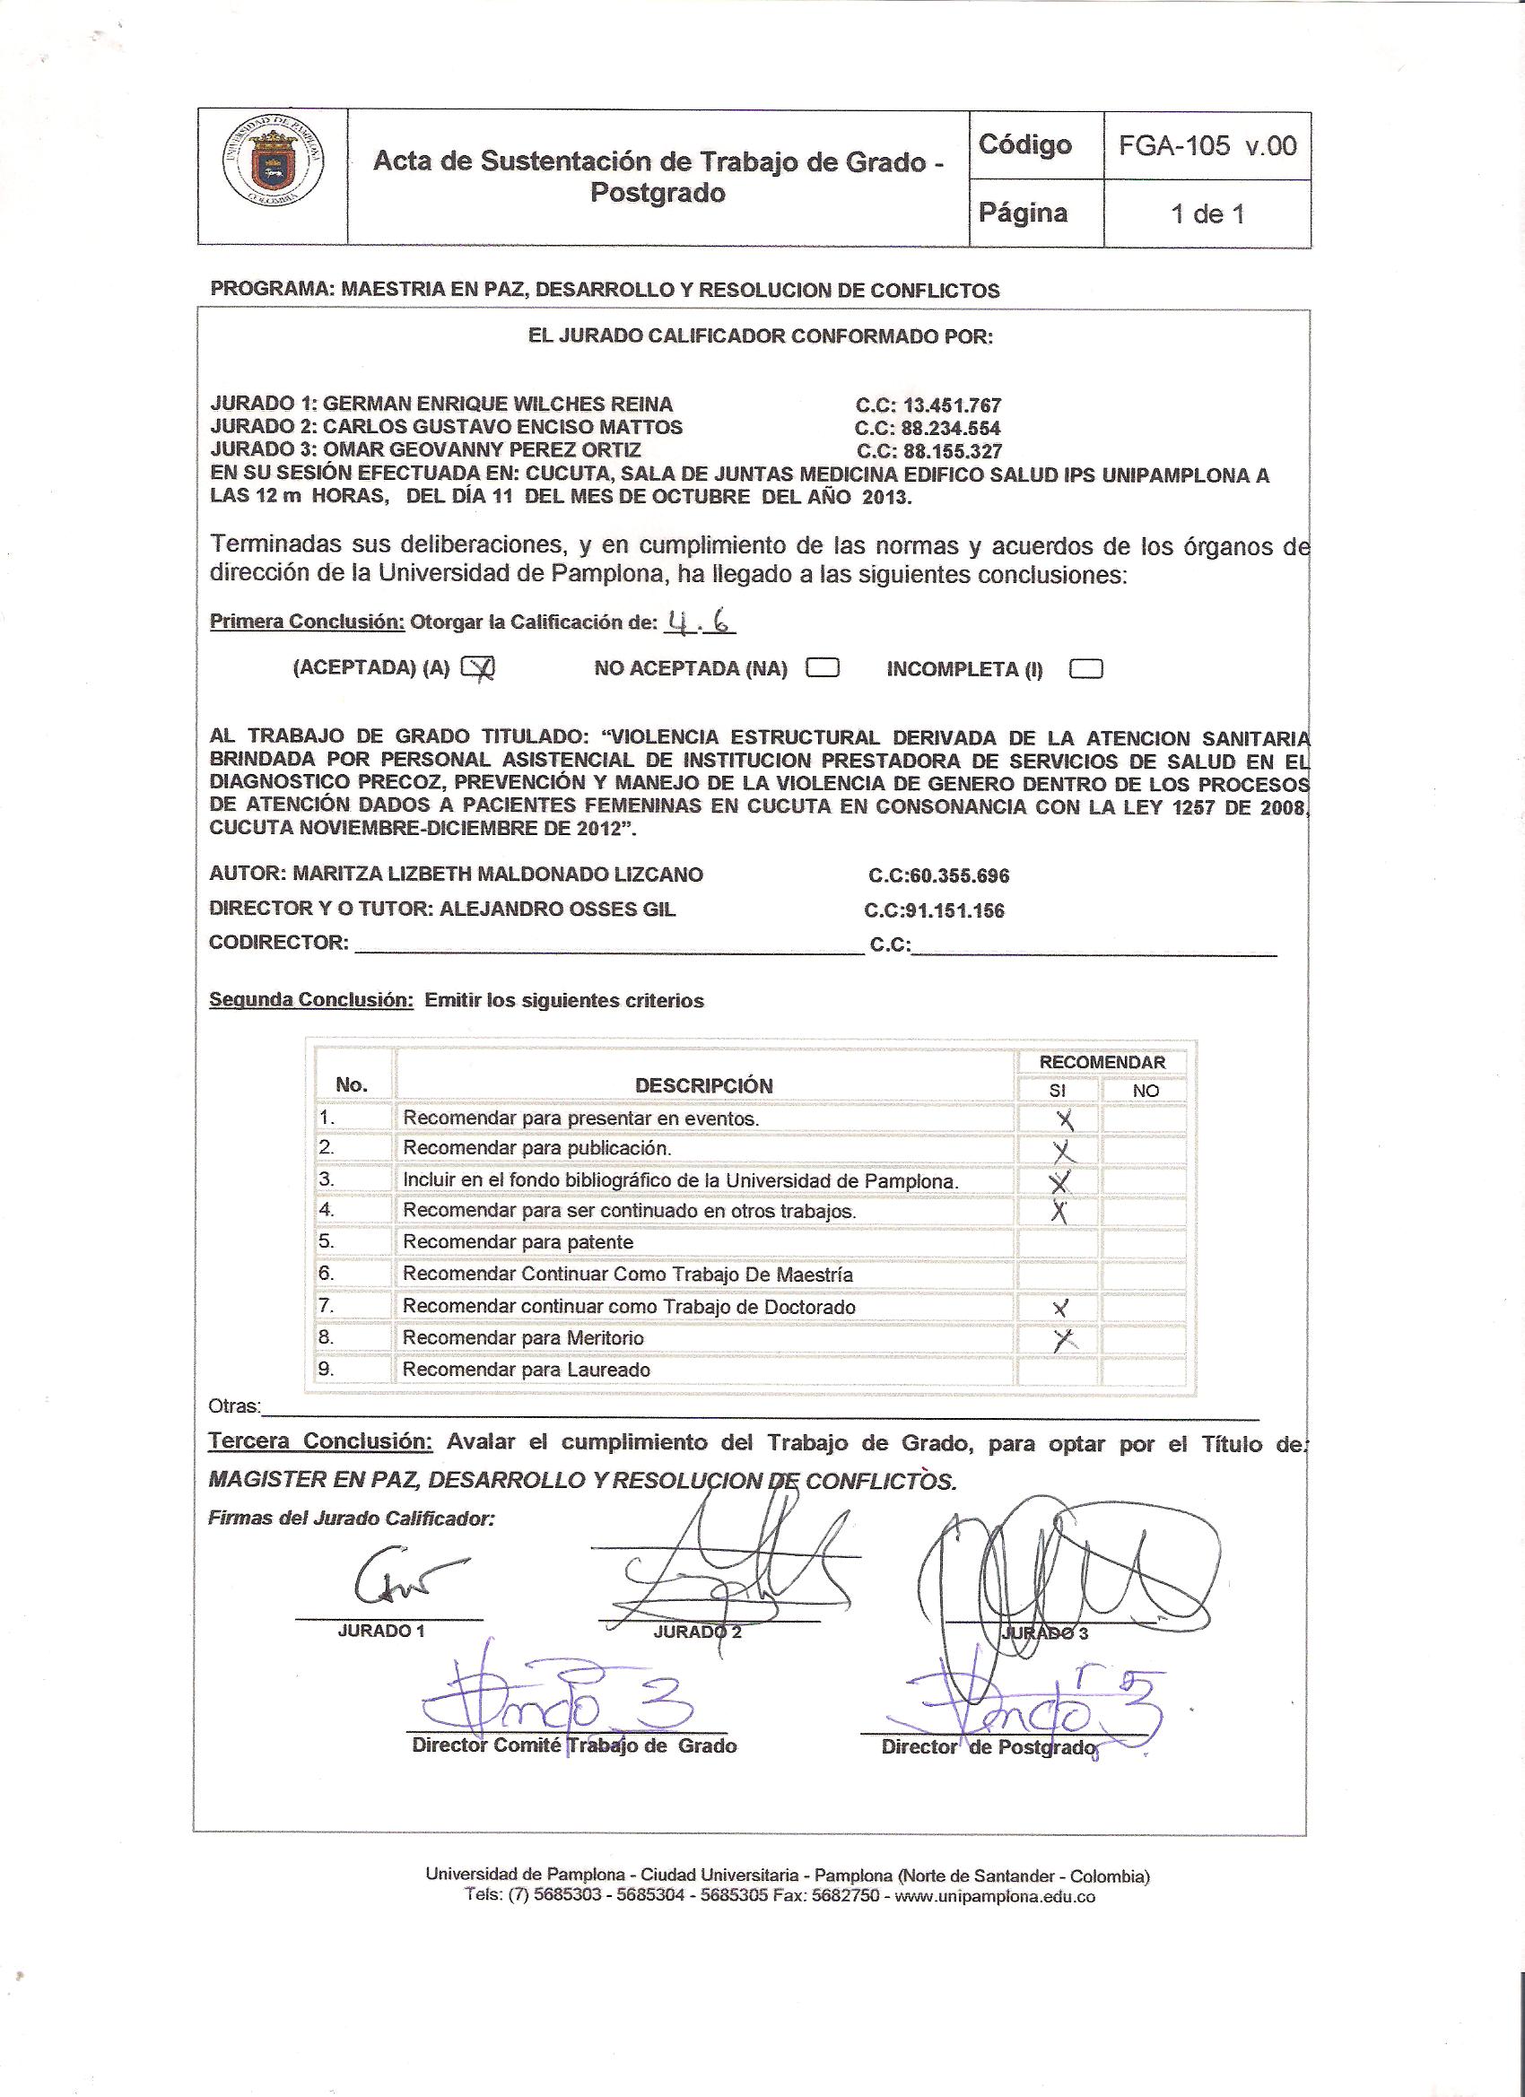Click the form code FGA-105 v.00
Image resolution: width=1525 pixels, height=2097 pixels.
1207,145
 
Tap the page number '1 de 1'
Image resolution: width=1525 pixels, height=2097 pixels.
1207,214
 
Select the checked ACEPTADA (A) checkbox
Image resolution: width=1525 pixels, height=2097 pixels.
478,667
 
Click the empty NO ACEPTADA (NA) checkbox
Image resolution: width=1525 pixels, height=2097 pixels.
822,667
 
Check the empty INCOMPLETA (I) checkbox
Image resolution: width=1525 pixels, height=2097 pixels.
1085,668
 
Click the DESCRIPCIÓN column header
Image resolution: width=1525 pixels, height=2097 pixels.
704,1085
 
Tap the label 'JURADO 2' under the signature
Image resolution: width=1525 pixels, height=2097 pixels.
697,1631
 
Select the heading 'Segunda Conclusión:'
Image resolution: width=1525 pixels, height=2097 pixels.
310,1000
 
